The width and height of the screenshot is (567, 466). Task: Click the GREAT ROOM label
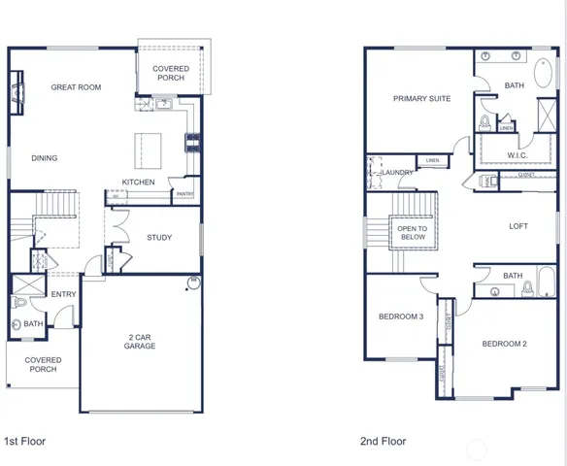coord(76,87)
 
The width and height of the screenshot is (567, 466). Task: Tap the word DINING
coord(44,158)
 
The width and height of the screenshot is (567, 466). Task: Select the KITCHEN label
coord(138,183)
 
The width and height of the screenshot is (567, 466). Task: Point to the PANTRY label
coord(183,194)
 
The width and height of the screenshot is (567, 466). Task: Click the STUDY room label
coord(159,237)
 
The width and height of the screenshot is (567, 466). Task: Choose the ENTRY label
coord(64,294)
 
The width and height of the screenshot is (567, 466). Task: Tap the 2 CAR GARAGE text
coord(140,341)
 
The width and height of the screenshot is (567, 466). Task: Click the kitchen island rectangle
coord(150,149)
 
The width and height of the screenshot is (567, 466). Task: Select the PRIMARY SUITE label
coord(421,98)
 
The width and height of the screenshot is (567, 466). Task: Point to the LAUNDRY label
coord(398,173)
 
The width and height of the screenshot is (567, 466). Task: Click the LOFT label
coord(518,226)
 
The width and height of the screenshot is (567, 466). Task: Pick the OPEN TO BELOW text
coord(413,232)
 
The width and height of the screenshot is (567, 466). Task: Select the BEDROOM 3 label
coord(401,316)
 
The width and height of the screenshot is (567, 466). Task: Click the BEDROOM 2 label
coord(504,344)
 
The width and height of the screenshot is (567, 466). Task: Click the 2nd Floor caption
coord(383,441)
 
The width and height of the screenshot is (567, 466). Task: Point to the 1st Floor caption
coord(25,441)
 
